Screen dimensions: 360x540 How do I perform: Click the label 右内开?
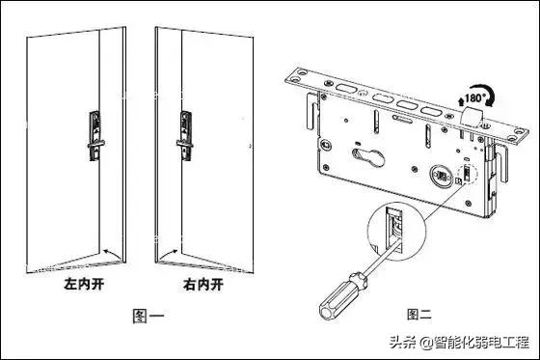(202, 286)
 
